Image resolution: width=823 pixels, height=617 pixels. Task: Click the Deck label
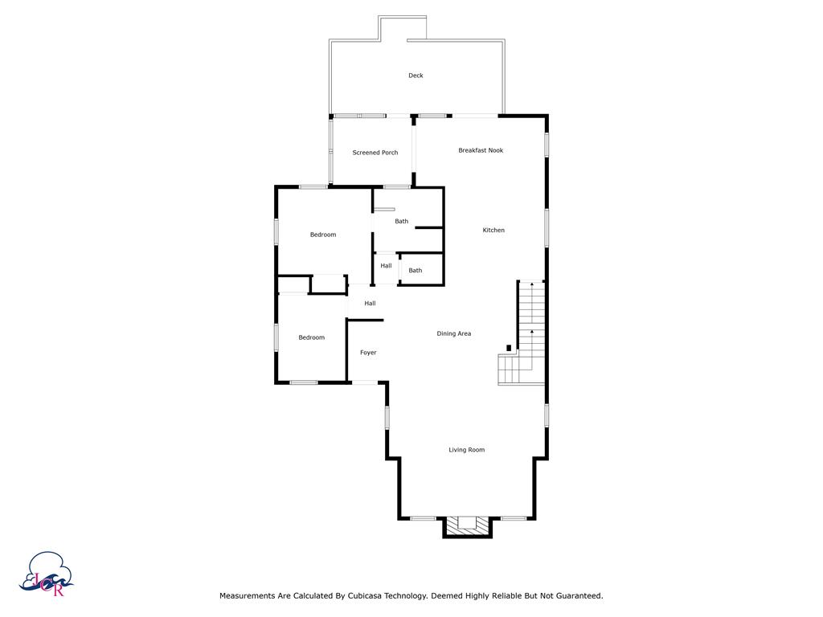pyautogui.click(x=416, y=76)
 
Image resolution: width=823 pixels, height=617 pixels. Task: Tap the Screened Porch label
pyautogui.click(x=375, y=153)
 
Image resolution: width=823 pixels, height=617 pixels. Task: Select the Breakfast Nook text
pyautogui.click(x=481, y=150)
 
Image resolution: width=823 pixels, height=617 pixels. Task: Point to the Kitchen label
pyautogui.click(x=493, y=231)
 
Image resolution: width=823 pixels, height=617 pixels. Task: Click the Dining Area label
pyautogui.click(x=454, y=333)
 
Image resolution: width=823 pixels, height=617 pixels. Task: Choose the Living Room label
pyautogui.click(x=467, y=450)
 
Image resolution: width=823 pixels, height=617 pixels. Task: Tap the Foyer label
pyautogui.click(x=368, y=353)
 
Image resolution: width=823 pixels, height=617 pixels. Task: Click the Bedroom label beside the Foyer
pyautogui.click(x=312, y=338)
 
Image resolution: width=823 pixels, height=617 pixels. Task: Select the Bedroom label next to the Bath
pyautogui.click(x=323, y=235)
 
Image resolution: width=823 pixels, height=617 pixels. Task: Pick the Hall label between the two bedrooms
pyautogui.click(x=370, y=303)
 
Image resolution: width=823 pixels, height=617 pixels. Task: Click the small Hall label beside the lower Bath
pyautogui.click(x=387, y=266)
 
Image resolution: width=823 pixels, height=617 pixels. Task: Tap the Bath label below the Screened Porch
pyautogui.click(x=402, y=222)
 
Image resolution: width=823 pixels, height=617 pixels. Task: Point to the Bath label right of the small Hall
pyautogui.click(x=416, y=271)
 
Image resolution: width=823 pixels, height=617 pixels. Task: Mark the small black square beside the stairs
pyautogui.click(x=509, y=348)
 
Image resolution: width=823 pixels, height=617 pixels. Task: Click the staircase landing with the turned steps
pyautogui.click(x=509, y=370)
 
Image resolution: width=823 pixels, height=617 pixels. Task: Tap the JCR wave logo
pyautogui.click(x=46, y=574)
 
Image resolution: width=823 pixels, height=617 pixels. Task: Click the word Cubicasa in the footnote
pyautogui.click(x=365, y=596)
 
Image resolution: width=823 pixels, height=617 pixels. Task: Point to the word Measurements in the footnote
pyautogui.click(x=248, y=596)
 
